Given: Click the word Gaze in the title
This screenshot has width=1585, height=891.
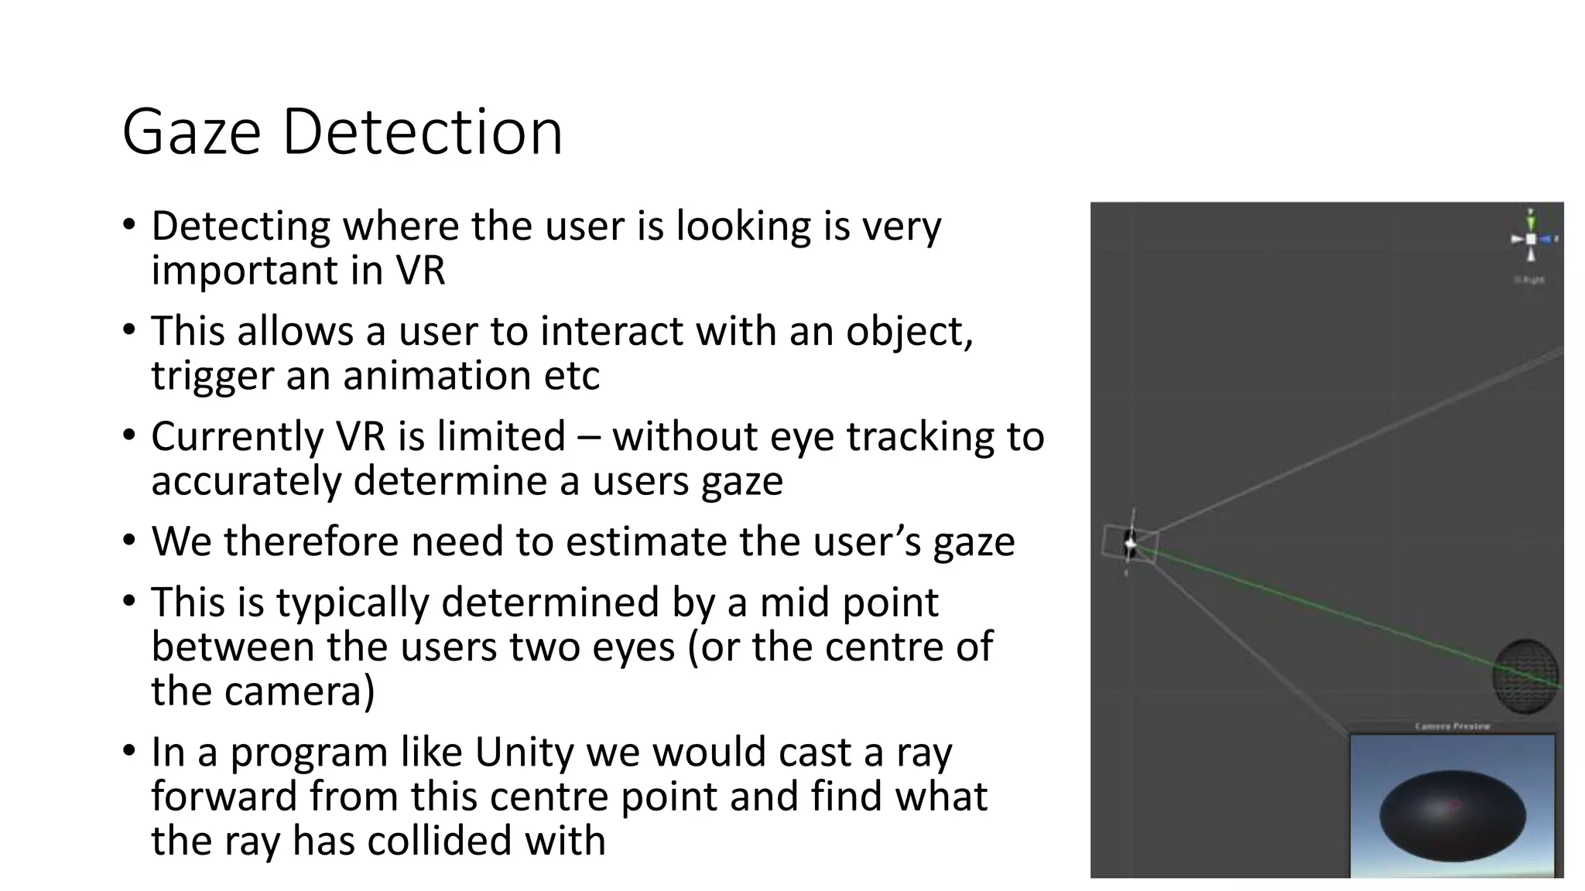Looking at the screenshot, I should pyautogui.click(x=191, y=133).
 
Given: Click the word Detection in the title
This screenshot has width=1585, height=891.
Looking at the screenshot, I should pyautogui.click(x=422, y=133).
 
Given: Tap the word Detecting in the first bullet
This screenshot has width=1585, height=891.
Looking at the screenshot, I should pyautogui.click(x=241, y=227).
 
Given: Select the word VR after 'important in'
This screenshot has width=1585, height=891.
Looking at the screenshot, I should pyautogui.click(x=420, y=271).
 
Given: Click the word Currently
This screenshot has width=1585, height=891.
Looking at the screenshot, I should pyautogui.click(x=236, y=438).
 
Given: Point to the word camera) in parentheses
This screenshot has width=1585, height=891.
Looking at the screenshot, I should pyautogui.click(x=299, y=691).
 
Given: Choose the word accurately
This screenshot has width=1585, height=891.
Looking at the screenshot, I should pyautogui.click(x=246, y=481).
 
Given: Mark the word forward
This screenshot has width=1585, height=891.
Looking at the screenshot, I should pyautogui.click(x=224, y=797).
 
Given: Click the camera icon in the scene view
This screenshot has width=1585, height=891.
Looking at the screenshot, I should pyautogui.click(x=1131, y=544).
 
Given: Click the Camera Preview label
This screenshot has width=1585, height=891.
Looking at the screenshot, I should pyautogui.click(x=1452, y=726).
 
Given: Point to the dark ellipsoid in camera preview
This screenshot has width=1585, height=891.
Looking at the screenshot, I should pyautogui.click(x=1452, y=816).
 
